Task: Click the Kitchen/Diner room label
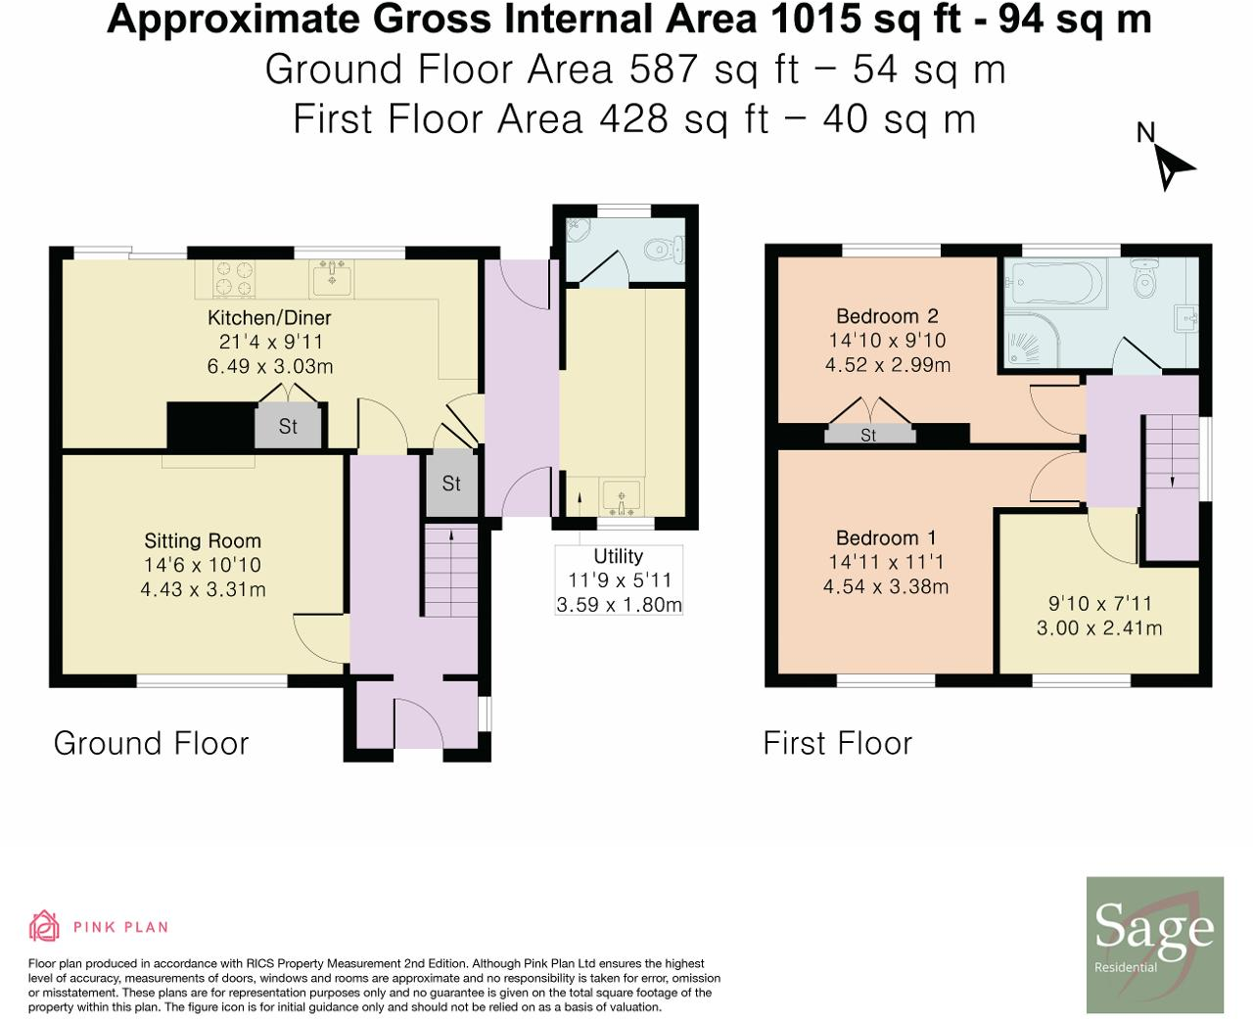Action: click(x=269, y=318)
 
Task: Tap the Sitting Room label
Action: click(x=203, y=540)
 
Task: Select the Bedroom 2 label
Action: click(x=887, y=316)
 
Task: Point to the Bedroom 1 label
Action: click(x=886, y=538)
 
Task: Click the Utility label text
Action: click(x=619, y=556)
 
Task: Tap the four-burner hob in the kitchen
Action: click(x=235, y=279)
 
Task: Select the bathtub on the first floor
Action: click(x=1055, y=284)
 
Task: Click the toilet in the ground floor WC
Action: click(x=664, y=250)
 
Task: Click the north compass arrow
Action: click(x=1171, y=167)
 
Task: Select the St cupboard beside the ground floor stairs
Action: click(x=451, y=484)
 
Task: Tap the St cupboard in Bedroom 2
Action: click(x=869, y=435)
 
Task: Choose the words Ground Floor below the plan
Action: click(x=151, y=743)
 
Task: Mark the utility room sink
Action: click(x=622, y=495)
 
